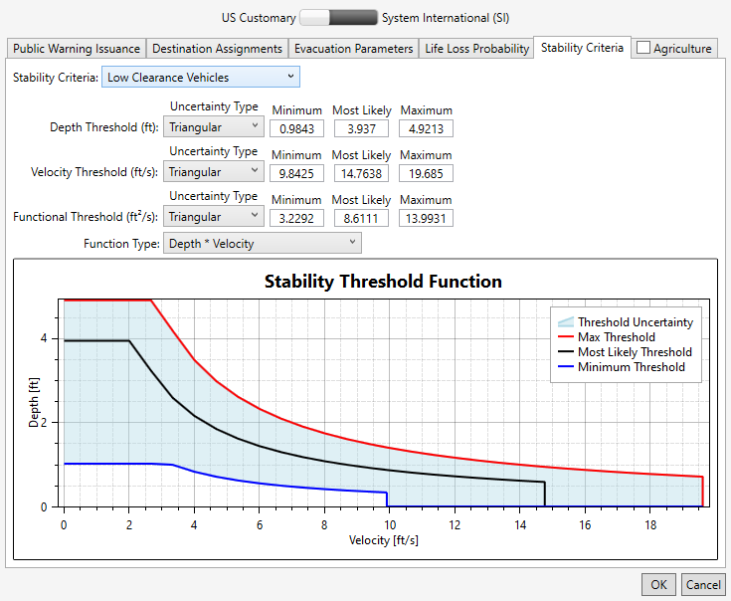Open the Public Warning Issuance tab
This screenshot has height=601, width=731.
point(77,48)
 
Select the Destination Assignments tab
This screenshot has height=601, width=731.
point(218,48)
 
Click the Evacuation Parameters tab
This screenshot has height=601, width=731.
point(354,48)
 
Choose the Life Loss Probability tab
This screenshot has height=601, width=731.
point(476,48)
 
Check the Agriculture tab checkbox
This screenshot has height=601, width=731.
point(643,48)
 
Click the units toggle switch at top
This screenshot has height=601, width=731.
point(338,17)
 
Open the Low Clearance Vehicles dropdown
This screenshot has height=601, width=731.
point(200,77)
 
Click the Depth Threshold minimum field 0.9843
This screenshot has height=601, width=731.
point(296,128)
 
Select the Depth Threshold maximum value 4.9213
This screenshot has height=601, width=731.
point(425,128)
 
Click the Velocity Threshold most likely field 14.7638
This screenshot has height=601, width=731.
point(361,173)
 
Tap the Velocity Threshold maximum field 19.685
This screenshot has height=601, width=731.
point(425,173)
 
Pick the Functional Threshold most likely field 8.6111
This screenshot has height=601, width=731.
point(361,217)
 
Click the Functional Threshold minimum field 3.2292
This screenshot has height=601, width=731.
point(296,217)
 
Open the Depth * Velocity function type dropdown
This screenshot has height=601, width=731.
point(262,244)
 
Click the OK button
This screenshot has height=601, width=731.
point(658,585)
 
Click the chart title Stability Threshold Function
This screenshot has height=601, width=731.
point(383,282)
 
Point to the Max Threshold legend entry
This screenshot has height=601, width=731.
point(616,337)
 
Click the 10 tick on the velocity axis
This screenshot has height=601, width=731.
point(390,524)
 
